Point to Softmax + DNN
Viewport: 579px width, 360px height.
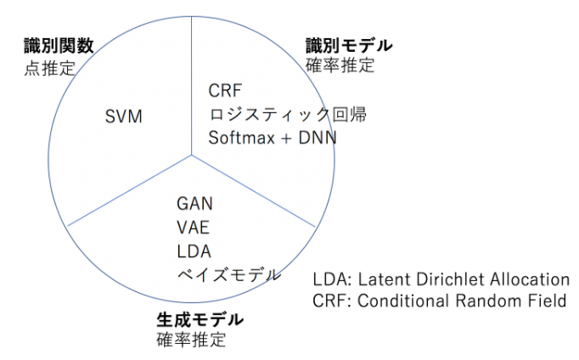coord(272,136)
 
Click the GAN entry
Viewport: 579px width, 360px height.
coord(195,205)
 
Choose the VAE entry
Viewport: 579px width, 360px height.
coord(194,228)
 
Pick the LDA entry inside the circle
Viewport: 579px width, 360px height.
coord(194,250)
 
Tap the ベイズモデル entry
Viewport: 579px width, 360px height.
coord(228,273)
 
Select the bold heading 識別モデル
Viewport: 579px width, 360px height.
coord(349,45)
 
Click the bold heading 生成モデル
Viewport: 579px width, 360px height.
coord(200,320)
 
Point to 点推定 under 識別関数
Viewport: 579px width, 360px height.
coord(48,66)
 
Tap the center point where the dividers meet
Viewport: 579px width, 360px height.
coord(191,154)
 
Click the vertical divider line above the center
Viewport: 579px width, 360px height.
coord(191,85)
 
